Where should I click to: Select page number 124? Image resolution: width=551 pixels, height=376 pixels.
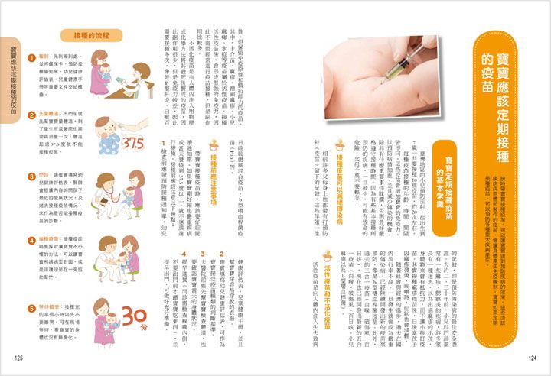(x=533, y=357)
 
